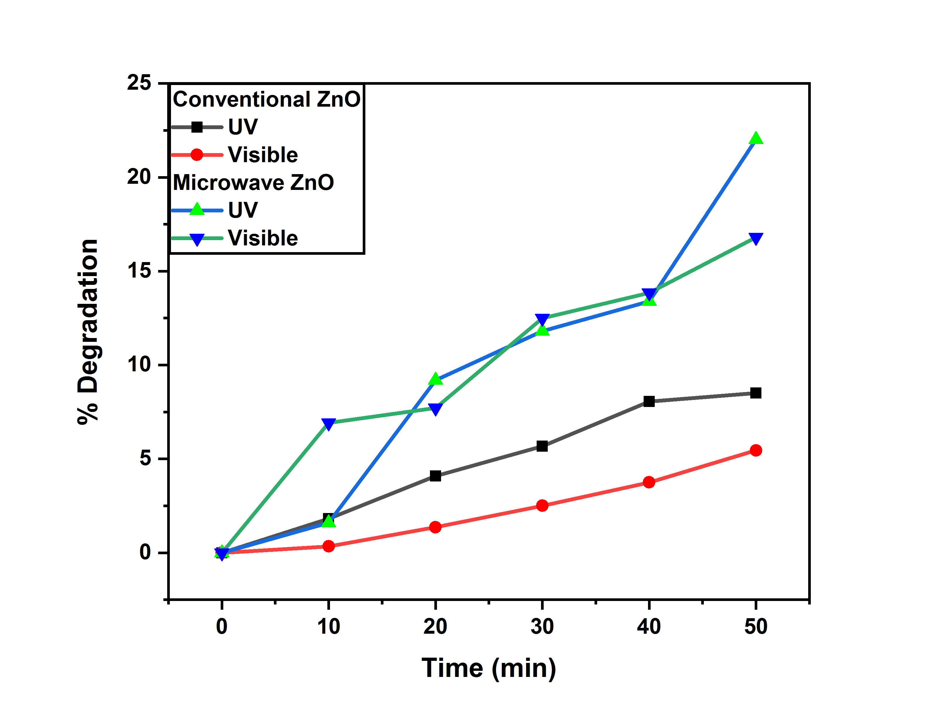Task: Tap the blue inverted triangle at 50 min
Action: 756,239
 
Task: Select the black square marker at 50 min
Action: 756,393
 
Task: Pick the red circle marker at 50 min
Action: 756,450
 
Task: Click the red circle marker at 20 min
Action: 435,527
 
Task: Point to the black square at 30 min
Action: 542,446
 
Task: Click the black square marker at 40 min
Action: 649,401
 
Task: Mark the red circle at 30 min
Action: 542,505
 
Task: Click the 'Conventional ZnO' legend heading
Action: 266,99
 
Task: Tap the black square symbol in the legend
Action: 197,127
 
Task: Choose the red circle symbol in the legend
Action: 197,155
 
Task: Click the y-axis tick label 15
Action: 139,271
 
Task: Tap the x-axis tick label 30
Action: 542,627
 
